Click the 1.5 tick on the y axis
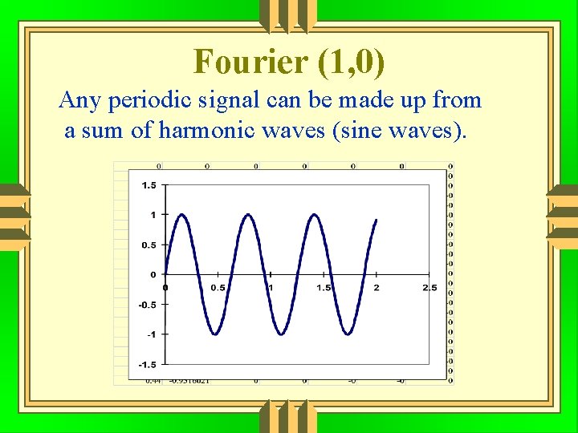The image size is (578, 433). tap(149, 185)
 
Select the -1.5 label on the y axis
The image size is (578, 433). tap(147, 364)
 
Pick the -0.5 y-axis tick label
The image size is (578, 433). tap(147, 305)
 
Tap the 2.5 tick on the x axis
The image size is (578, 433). tap(429, 287)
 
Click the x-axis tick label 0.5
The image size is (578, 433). tap(218, 287)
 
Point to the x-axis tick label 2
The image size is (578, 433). tap(377, 287)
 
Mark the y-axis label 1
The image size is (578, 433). tap(153, 215)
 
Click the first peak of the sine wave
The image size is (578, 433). tap(182, 215)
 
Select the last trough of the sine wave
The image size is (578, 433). tap(349, 334)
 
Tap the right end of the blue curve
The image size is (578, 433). tap(377, 220)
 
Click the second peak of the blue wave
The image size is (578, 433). tap(249, 215)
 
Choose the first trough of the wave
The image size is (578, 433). tap(215, 334)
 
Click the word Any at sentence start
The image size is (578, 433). tap(79, 100)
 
